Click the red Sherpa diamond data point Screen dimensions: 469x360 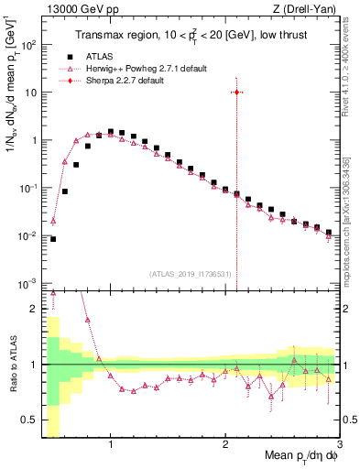pos(236,93)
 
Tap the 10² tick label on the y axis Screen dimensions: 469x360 pos(30,45)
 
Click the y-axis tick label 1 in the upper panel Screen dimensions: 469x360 pos(34,140)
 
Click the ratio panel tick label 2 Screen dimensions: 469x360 pos(34,309)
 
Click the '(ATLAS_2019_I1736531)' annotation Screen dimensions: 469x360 pos(191,274)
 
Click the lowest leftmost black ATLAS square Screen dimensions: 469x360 pos(53,239)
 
